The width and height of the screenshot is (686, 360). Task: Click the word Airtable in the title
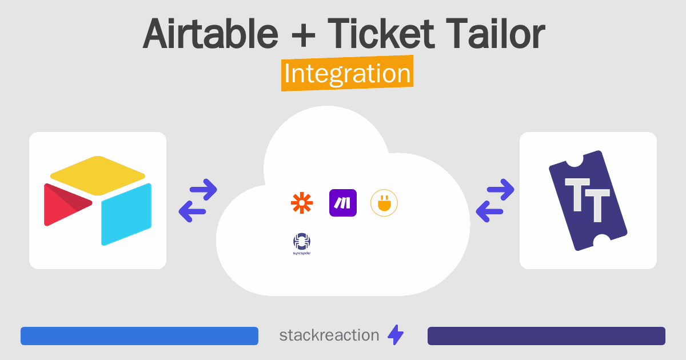click(x=210, y=34)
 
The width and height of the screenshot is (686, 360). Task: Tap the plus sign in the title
click(x=303, y=35)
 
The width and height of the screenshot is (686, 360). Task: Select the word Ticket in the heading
click(x=381, y=34)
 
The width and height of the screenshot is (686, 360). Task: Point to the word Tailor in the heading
click(x=496, y=34)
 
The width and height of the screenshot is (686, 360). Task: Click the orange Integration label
click(x=348, y=73)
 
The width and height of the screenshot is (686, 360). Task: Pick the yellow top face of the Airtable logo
click(x=98, y=175)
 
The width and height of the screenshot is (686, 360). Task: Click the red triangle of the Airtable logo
click(x=67, y=205)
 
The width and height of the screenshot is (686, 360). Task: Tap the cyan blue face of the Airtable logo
click(x=126, y=214)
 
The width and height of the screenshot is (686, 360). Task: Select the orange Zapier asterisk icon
click(x=302, y=203)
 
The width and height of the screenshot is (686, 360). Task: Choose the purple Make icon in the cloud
click(x=342, y=203)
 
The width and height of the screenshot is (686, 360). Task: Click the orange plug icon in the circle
click(x=384, y=203)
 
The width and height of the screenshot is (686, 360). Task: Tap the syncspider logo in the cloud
click(x=302, y=243)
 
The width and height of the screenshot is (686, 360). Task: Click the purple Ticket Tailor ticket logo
click(x=588, y=201)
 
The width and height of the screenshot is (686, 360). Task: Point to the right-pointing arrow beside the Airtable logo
click(x=204, y=190)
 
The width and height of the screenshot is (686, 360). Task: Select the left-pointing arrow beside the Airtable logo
click(x=192, y=211)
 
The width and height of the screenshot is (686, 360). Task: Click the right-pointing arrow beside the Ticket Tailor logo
click(x=501, y=190)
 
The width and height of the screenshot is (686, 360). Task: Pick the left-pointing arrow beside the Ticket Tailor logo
click(x=490, y=211)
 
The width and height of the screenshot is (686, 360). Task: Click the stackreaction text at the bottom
click(x=329, y=335)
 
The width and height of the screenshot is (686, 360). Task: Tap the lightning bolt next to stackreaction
click(x=396, y=335)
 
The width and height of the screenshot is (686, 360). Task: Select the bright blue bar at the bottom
click(x=139, y=336)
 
